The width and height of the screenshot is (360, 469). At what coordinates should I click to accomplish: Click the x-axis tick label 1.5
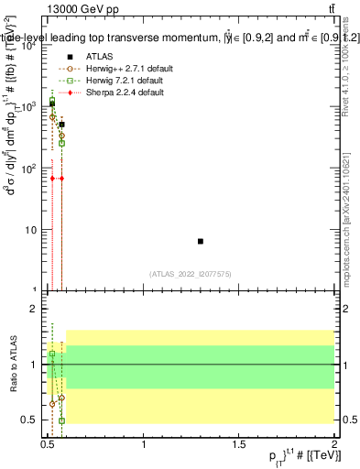click(x=239, y=444)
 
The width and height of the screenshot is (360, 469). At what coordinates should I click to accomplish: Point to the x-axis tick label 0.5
click(x=49, y=444)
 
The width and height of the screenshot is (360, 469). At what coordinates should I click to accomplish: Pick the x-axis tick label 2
click(x=334, y=444)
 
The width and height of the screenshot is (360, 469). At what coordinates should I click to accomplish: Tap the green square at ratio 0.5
click(x=61, y=420)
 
